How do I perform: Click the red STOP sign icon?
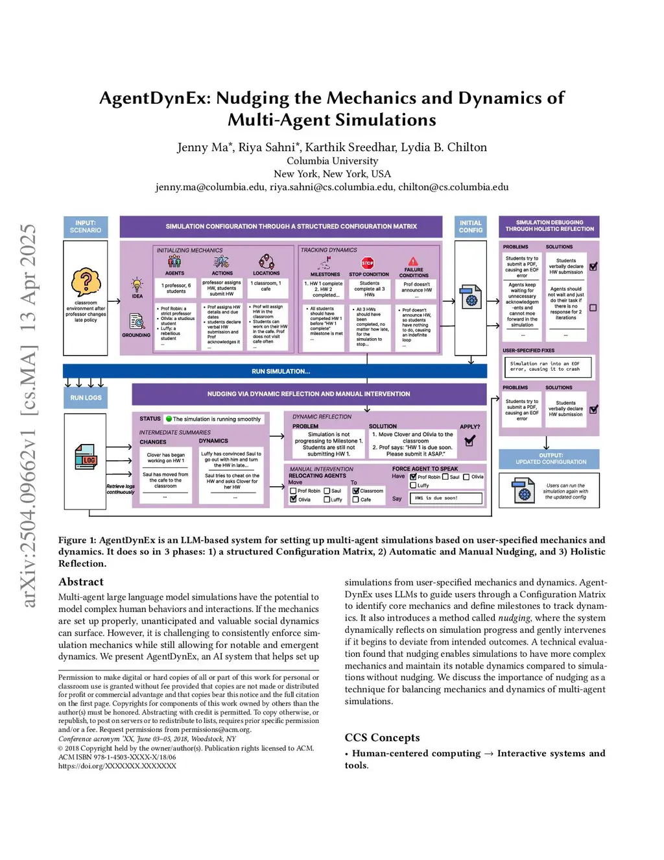coord(368,263)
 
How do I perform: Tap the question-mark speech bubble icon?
coord(86,283)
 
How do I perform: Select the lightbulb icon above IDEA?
coord(137,284)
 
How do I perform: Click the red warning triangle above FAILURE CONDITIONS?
coord(413,261)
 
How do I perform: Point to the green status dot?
coord(169,419)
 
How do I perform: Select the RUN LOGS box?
coord(86,398)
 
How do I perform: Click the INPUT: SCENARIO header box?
coord(86,227)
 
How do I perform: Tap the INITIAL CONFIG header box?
coord(471,227)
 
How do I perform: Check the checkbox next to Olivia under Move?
coord(293,499)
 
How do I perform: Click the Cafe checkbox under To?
coord(356,500)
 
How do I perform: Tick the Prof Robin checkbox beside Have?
coord(413,476)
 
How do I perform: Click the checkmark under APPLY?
coord(470,441)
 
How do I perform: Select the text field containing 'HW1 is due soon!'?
coord(445,498)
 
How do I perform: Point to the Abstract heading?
coord(81,582)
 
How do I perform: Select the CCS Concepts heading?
coord(382,737)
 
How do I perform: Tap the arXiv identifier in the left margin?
coord(29,415)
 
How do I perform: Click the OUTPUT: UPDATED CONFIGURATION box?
coord(549,459)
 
